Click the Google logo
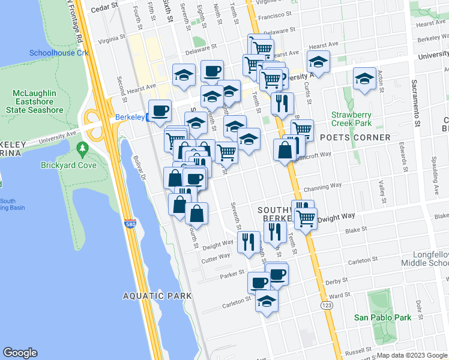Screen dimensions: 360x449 20,353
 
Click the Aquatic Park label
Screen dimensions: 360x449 157,296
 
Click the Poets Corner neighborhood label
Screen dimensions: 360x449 355,137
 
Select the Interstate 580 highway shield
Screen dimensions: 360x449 130,224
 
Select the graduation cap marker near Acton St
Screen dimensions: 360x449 364,79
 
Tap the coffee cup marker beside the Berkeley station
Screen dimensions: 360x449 160,110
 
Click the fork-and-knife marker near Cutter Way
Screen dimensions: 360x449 248,242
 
